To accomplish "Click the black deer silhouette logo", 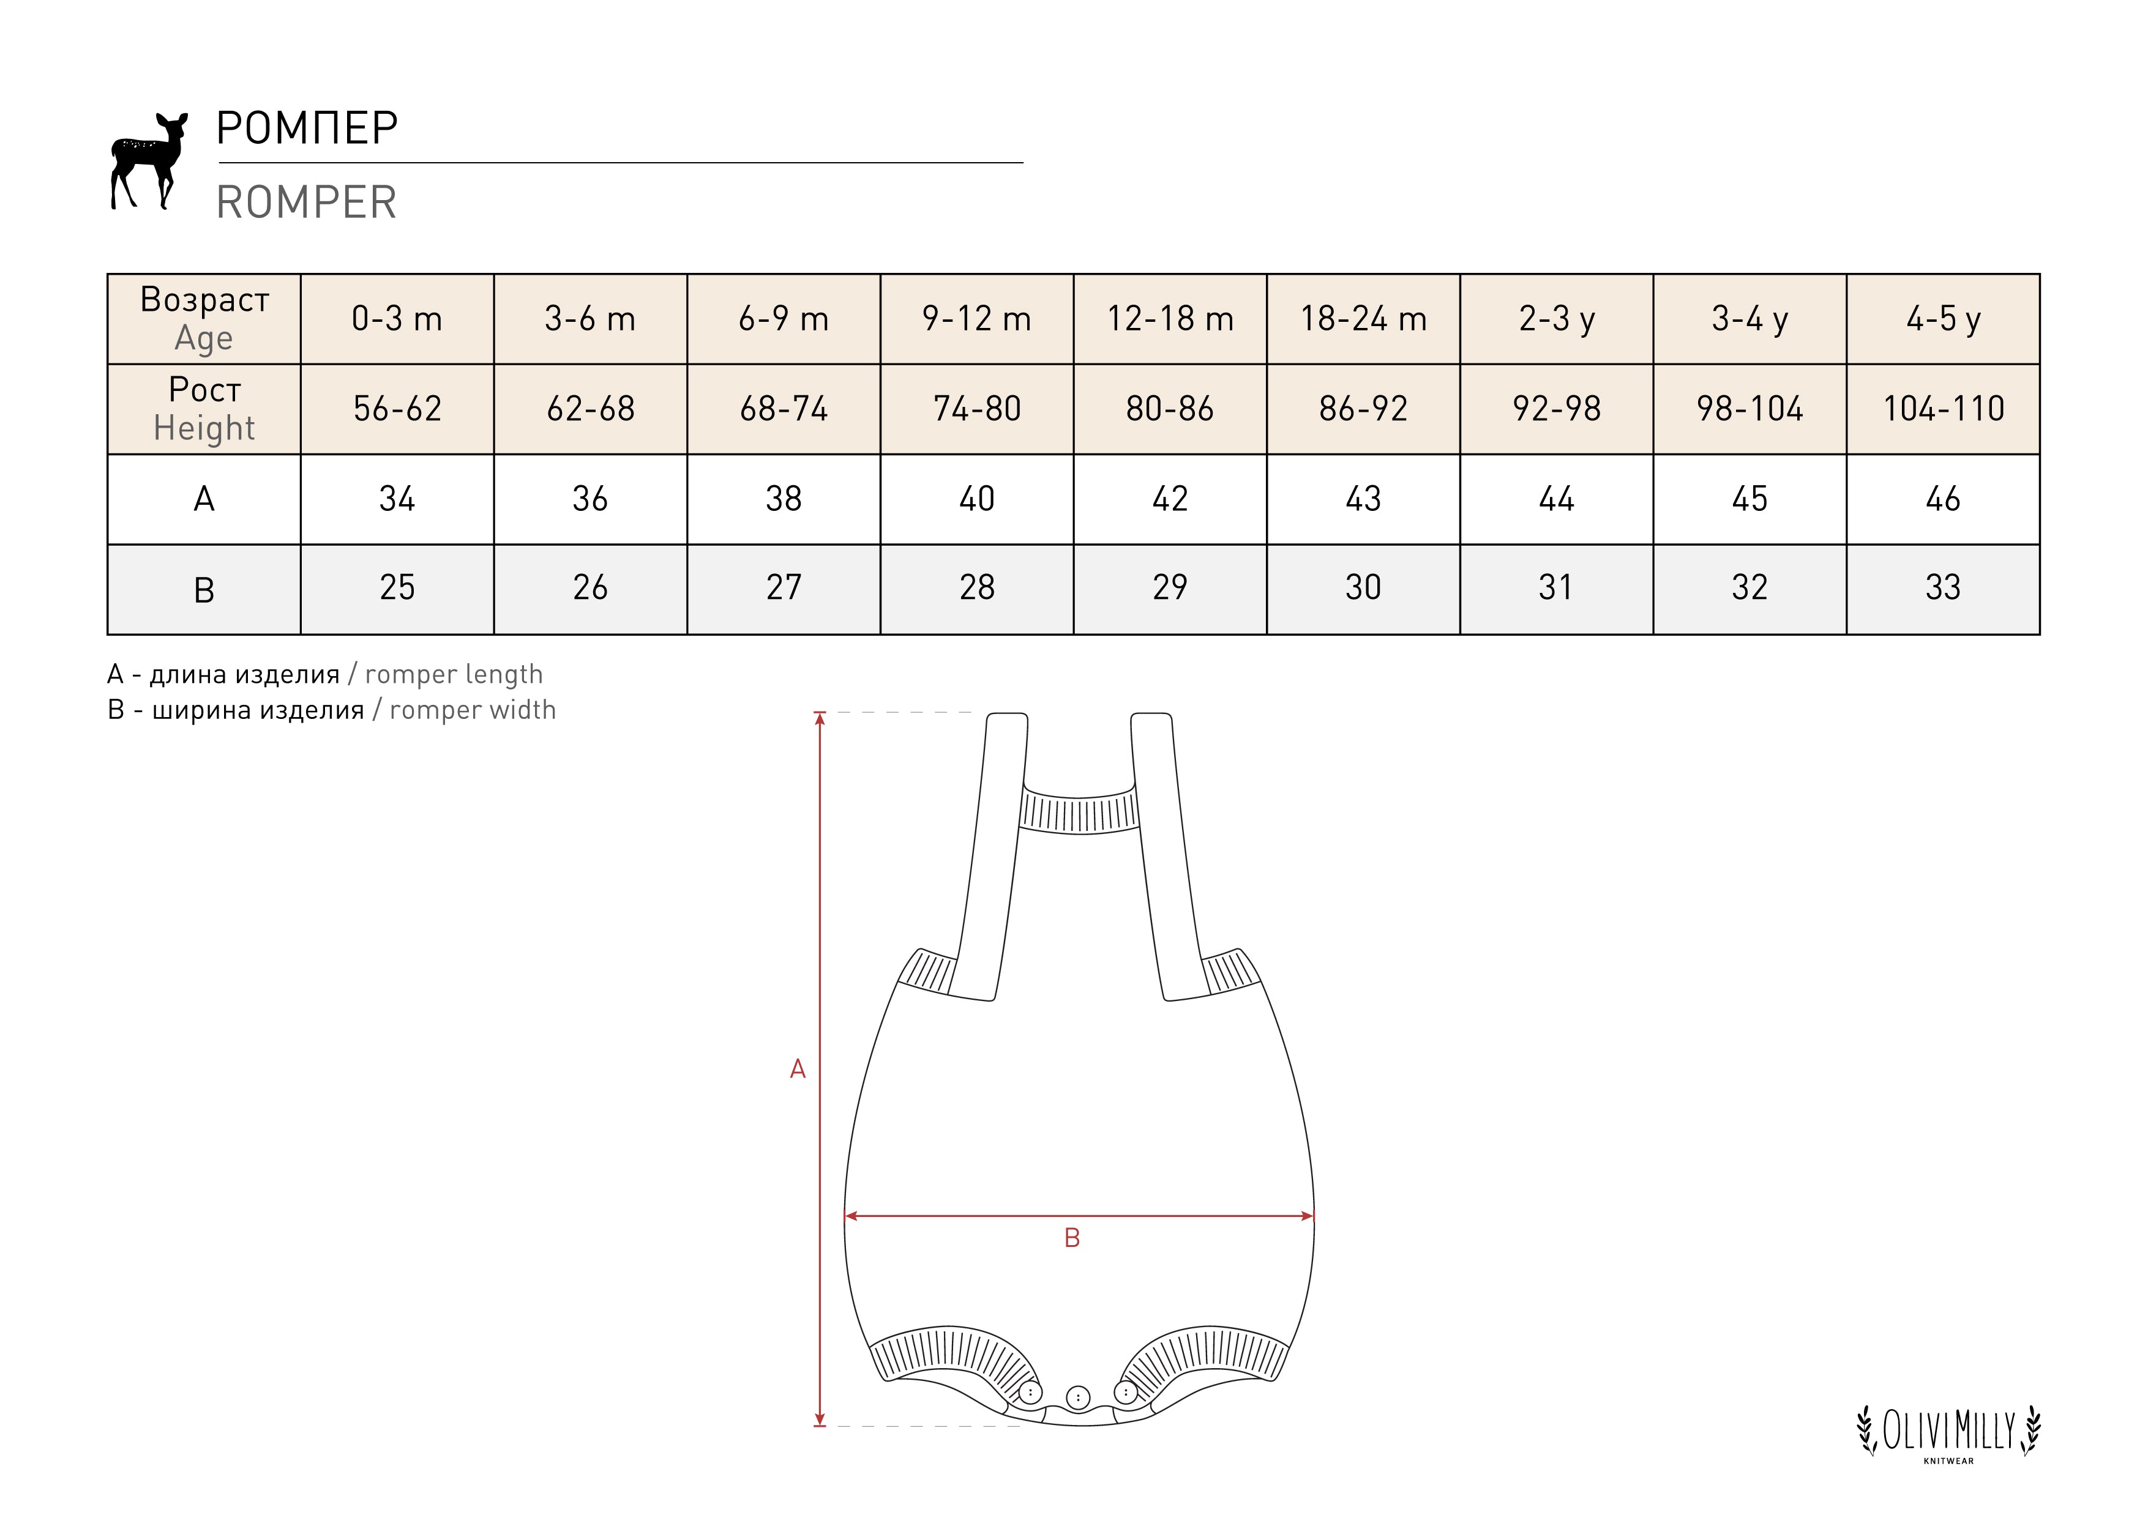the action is [x=148, y=161].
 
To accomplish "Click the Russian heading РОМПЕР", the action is [x=307, y=128].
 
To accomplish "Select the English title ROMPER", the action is [x=307, y=202].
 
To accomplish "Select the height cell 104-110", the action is [x=1943, y=409].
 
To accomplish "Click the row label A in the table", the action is [x=204, y=499].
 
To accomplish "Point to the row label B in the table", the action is [x=204, y=590].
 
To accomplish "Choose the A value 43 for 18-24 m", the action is [x=1363, y=499].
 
